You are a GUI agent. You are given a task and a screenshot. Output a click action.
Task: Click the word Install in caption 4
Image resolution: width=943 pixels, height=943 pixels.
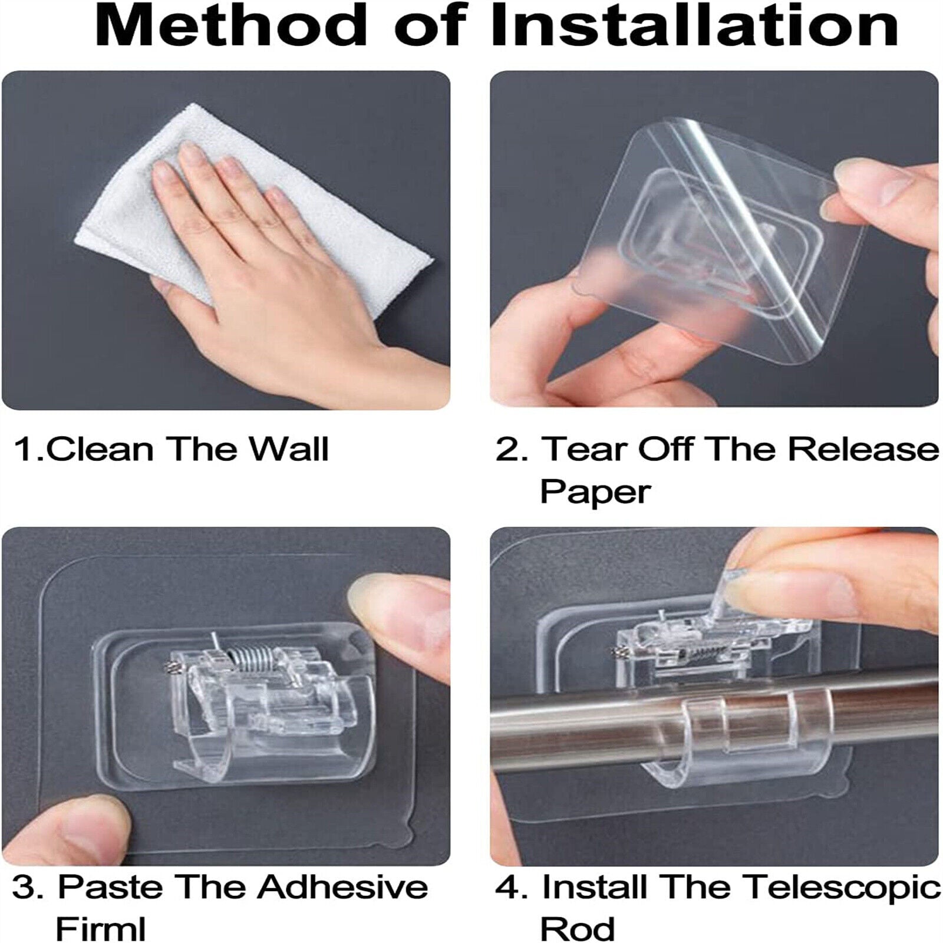(x=595, y=887)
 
